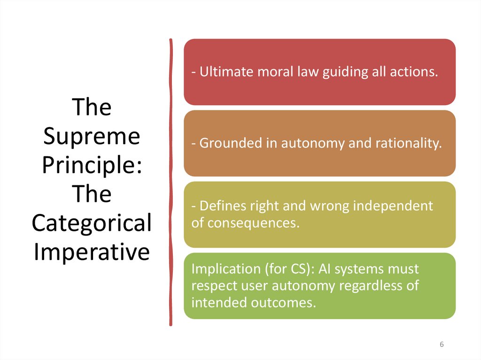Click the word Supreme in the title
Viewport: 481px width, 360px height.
point(92,137)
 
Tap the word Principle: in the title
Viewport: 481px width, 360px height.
point(92,165)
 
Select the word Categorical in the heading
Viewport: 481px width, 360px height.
point(92,223)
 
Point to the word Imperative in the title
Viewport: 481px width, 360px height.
point(92,252)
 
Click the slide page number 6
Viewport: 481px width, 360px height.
point(442,345)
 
